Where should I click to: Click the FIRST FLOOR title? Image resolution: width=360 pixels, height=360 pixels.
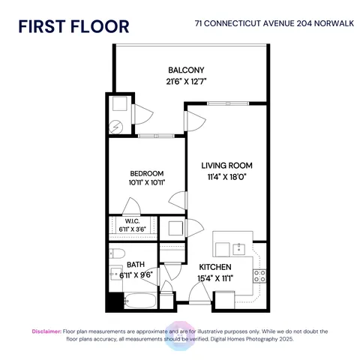[73, 27]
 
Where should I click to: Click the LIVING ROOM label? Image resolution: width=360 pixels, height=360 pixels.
[226, 165]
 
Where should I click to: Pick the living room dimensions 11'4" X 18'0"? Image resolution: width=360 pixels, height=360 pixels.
[226, 177]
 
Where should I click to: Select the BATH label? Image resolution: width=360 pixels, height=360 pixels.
[136, 264]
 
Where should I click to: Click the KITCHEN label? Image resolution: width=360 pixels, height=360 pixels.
[214, 267]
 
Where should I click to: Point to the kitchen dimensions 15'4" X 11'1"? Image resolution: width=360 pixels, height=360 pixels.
[214, 279]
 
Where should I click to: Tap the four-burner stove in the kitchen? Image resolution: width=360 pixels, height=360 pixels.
[260, 274]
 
